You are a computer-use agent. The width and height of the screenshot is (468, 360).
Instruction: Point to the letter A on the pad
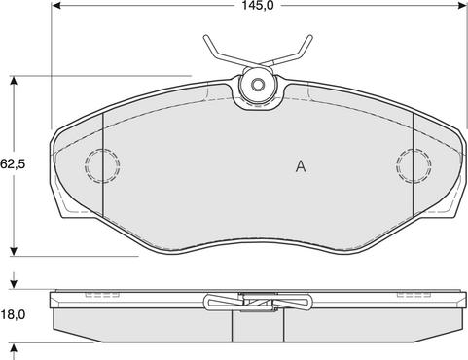click(x=301, y=166)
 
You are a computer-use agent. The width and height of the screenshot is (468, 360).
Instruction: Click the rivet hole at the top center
click(x=259, y=86)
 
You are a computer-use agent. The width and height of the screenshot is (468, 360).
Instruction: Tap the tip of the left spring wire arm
click(x=205, y=38)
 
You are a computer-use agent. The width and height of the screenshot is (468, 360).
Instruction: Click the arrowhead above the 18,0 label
click(x=14, y=284)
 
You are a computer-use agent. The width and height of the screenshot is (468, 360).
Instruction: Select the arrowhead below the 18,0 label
click(x=14, y=348)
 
